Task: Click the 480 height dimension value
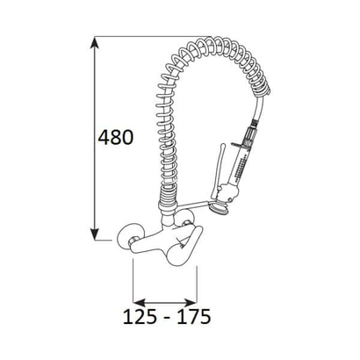coord(115,137)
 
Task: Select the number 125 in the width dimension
coord(140,316)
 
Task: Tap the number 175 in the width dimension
coord(193,316)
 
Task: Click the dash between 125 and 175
coord(166,319)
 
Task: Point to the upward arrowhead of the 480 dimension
coord(94,42)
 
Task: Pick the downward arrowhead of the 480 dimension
coord(94,234)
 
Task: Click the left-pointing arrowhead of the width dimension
coord(140,302)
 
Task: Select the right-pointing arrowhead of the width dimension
coord(191,302)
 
